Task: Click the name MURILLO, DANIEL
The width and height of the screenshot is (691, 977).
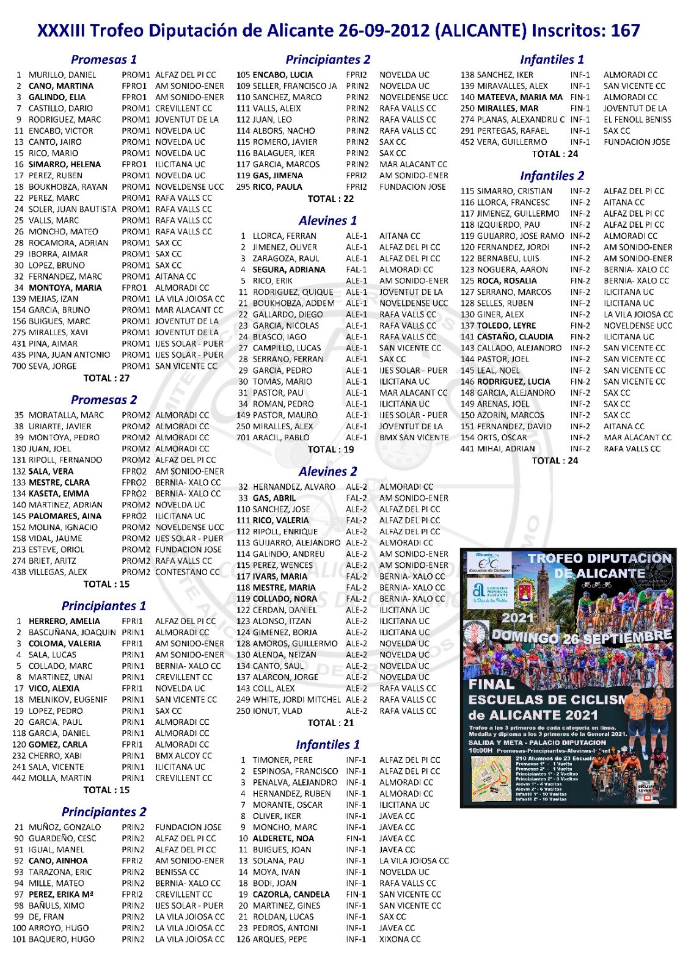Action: coord(62,75)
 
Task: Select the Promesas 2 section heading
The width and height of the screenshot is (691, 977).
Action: coord(104,400)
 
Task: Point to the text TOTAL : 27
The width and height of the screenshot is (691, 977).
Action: coord(106,378)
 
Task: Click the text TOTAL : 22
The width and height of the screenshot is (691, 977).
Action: coord(331,198)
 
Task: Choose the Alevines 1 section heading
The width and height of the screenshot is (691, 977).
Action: coord(327,220)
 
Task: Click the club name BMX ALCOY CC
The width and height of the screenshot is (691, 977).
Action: coord(183,755)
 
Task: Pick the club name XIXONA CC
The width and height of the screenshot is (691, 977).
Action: coord(400,939)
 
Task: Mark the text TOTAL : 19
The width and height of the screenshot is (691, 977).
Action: coord(331,449)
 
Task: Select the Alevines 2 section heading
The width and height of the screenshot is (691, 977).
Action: coord(327,471)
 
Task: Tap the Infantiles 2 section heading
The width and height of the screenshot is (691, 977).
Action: coord(552,176)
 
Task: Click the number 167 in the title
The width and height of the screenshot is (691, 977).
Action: coord(625,31)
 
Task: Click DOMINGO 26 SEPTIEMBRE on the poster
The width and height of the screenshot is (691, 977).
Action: coord(582,637)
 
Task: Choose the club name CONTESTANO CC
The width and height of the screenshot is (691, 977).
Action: coord(187,572)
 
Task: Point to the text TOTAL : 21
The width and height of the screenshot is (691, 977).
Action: coord(331,722)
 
